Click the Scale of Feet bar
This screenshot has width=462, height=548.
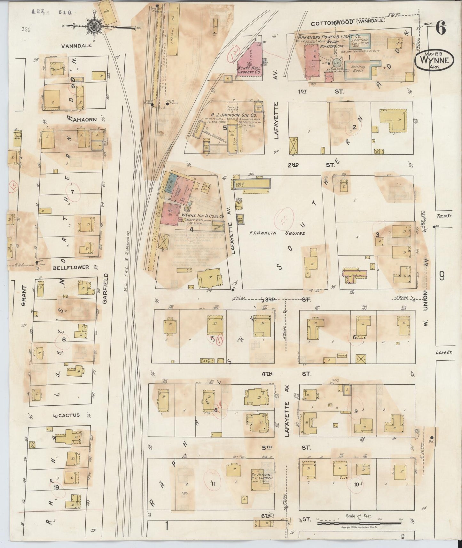(x=359, y=523)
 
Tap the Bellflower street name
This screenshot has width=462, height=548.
(x=67, y=267)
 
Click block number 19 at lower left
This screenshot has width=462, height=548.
(x=56, y=488)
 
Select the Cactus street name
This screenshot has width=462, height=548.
(x=68, y=415)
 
